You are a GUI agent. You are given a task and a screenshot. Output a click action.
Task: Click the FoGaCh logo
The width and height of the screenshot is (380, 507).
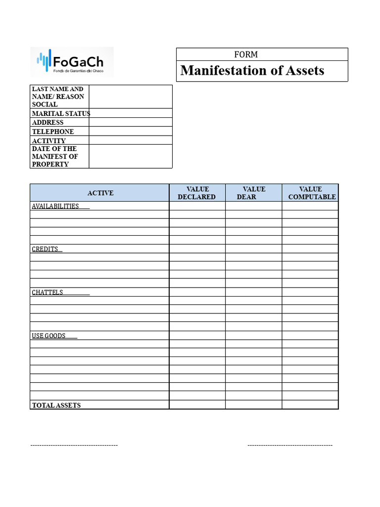(x=72, y=62)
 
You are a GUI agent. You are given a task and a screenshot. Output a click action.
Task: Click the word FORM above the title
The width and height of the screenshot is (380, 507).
(x=246, y=54)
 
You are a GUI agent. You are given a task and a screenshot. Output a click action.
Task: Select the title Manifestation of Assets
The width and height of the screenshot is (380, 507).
(x=252, y=71)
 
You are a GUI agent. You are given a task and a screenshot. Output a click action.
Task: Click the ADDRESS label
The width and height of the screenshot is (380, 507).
(x=48, y=122)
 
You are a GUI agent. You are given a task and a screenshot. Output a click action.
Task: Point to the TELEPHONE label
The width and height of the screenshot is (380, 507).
(x=53, y=132)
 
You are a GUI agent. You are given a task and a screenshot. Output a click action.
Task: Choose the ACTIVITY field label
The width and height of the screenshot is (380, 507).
(x=49, y=141)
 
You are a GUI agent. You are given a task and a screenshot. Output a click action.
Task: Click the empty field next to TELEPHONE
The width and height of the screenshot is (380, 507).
(x=131, y=132)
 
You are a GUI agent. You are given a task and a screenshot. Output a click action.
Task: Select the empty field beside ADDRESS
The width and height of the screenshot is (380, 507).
(x=131, y=122)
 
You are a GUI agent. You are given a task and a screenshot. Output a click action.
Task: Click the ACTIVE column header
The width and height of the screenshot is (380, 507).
(x=100, y=193)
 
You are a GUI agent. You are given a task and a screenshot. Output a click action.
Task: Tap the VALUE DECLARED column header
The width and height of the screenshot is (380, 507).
(x=197, y=193)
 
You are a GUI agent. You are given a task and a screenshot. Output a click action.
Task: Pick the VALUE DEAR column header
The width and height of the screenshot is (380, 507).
(x=253, y=193)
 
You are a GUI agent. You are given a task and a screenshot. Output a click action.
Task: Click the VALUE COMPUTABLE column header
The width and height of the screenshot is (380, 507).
(x=311, y=193)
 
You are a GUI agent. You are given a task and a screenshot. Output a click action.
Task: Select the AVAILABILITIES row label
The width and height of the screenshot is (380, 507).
(x=55, y=206)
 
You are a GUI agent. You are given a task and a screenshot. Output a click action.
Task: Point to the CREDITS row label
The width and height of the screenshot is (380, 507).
(x=45, y=249)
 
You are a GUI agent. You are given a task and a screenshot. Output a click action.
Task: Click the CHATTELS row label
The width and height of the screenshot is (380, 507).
(x=47, y=292)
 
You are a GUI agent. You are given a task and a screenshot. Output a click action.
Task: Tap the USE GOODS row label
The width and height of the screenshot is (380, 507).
(x=49, y=336)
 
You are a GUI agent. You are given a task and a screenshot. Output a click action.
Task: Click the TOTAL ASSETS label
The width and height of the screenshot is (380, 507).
(x=56, y=405)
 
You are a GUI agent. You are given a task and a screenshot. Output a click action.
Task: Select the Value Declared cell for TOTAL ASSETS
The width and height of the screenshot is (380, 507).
(x=197, y=405)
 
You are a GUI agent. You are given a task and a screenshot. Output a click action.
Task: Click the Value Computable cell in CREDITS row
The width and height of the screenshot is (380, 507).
(x=310, y=249)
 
